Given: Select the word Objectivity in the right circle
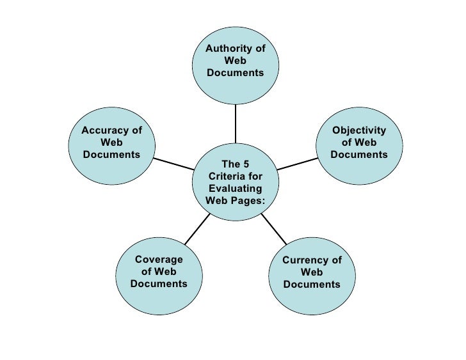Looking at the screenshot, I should point(359,130).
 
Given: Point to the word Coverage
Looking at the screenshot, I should point(159,260).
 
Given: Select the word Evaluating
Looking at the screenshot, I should point(235,189).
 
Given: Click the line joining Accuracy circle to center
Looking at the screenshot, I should point(173,164).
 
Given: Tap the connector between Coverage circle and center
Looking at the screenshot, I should point(197,228).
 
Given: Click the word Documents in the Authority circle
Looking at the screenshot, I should point(235,73).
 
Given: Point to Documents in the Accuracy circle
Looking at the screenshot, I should point(111,155).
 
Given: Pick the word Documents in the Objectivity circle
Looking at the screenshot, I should point(359,155).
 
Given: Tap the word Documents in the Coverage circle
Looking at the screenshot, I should point(159,284).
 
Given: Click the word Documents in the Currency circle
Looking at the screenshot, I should point(312,285).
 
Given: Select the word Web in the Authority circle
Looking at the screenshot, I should point(235,61).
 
